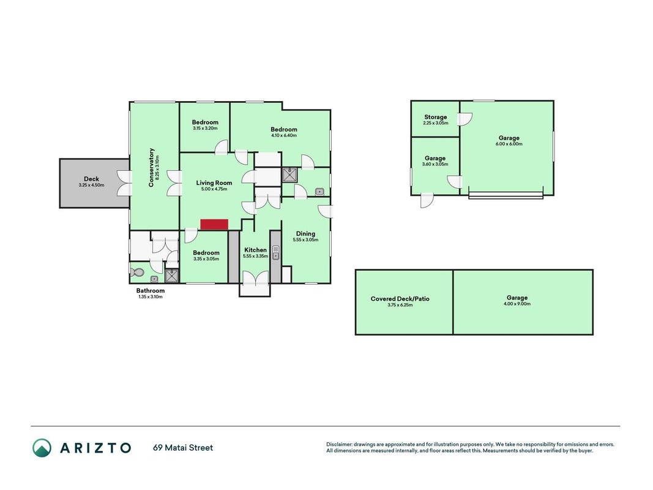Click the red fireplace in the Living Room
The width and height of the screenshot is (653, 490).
(214, 224)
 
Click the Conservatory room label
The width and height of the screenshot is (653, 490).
(151, 167)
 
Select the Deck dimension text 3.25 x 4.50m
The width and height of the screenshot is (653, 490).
(91, 185)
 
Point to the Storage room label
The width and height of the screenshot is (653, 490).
(436, 117)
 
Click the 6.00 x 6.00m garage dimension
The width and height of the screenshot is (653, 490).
(509, 144)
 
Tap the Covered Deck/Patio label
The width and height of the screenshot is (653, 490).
(400, 299)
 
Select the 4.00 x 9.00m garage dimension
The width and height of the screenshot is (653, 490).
(517, 304)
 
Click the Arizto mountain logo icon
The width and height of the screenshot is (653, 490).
(42, 448)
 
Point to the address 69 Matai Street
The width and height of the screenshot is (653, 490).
(183, 448)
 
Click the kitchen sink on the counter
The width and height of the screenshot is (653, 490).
(275, 253)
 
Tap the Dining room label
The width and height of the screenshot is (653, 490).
(305, 234)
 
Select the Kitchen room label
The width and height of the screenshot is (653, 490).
(255, 250)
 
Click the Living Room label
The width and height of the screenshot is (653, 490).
(214, 183)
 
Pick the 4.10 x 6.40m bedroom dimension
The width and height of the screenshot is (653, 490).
(283, 135)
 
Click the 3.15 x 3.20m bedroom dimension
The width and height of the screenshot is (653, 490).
(205, 129)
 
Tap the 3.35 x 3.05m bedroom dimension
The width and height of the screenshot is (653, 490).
(206, 258)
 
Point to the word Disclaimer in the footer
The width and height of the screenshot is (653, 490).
(340, 445)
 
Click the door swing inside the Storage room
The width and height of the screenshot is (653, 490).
(465, 119)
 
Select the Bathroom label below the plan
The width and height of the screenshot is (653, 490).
(151, 291)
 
